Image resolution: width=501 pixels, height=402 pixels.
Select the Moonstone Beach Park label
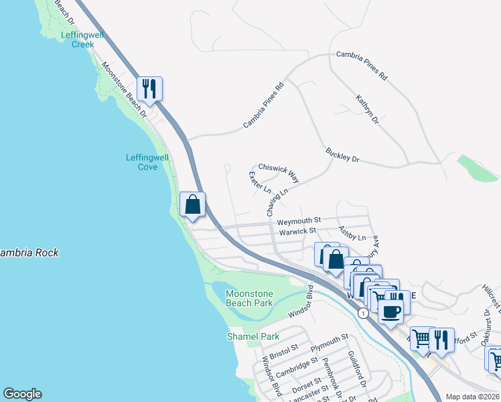249,298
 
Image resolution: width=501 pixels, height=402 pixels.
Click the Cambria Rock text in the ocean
29,253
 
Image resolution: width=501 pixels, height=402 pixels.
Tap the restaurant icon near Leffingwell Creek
149,88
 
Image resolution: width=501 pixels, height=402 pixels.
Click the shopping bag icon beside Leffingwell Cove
192,204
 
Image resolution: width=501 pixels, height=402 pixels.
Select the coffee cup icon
391,311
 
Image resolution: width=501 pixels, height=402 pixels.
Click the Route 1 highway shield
362,313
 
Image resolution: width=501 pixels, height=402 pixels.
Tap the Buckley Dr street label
343,155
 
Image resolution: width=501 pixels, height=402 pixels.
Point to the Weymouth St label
299,220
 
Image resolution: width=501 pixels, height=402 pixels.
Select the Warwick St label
297,231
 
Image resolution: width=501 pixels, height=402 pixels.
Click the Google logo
22,394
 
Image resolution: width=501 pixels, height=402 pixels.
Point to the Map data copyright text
473,397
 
